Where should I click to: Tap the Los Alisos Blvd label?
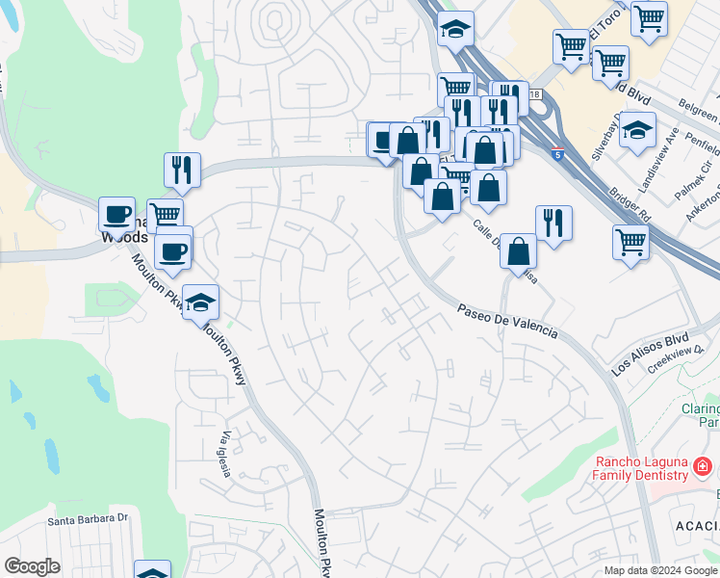click(651, 354)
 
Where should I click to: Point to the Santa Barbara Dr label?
click(89, 518)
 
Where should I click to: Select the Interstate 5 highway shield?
click(558, 153)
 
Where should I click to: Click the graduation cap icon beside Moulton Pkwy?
click(200, 302)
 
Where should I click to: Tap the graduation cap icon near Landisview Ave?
click(637, 129)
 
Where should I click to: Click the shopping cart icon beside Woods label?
click(165, 216)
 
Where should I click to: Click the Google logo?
click(33, 566)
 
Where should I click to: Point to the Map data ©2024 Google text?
click(660, 570)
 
